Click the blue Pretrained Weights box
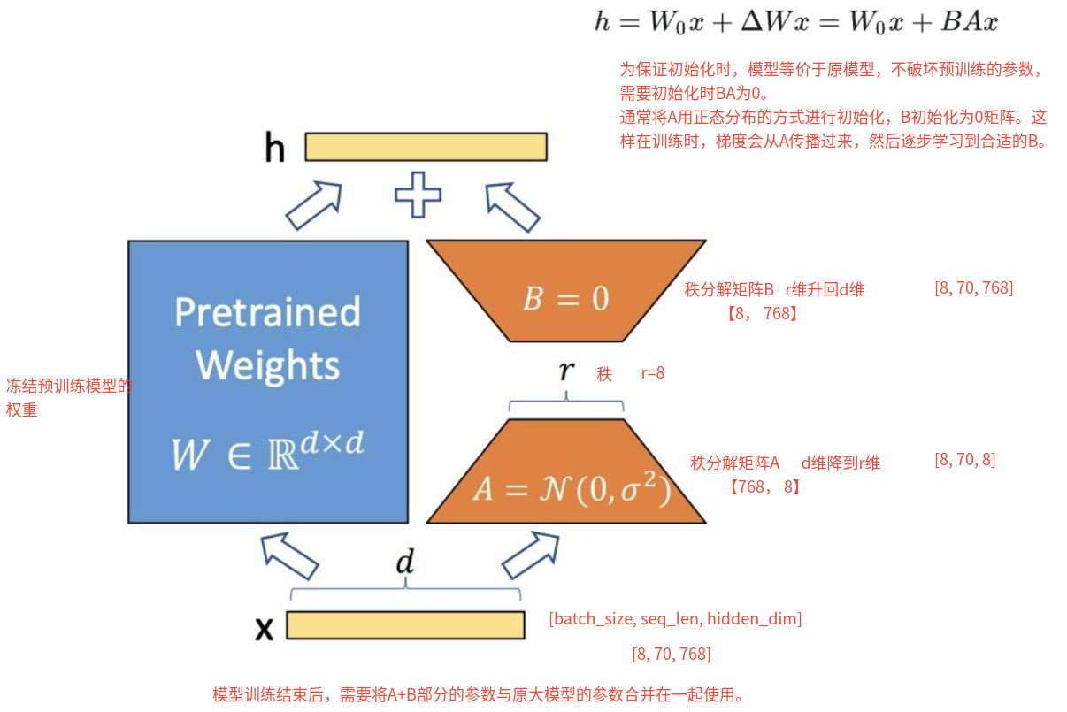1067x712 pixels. click(x=267, y=380)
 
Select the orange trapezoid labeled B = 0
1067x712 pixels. click(x=566, y=292)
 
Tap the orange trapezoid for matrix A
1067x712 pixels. click(x=566, y=473)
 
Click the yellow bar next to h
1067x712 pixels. click(x=426, y=147)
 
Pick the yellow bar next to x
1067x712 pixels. click(x=405, y=625)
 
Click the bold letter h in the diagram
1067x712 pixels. click(x=275, y=149)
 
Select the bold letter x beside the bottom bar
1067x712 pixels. click(x=264, y=628)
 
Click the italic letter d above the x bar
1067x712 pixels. click(x=404, y=563)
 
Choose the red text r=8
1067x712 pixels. click(x=653, y=373)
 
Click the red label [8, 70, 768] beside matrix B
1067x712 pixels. click(x=973, y=288)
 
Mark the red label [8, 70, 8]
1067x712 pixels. click(x=964, y=460)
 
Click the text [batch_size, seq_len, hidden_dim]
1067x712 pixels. click(x=675, y=619)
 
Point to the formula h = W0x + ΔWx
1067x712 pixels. click(x=794, y=22)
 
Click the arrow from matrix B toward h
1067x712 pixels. click(x=513, y=207)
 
